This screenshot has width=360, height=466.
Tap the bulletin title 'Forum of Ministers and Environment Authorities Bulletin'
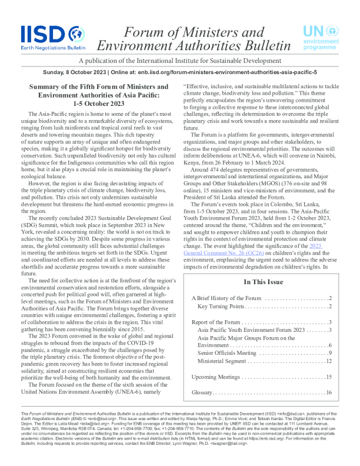coord(194,39)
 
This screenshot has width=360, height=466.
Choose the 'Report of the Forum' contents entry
coord(216,322)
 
